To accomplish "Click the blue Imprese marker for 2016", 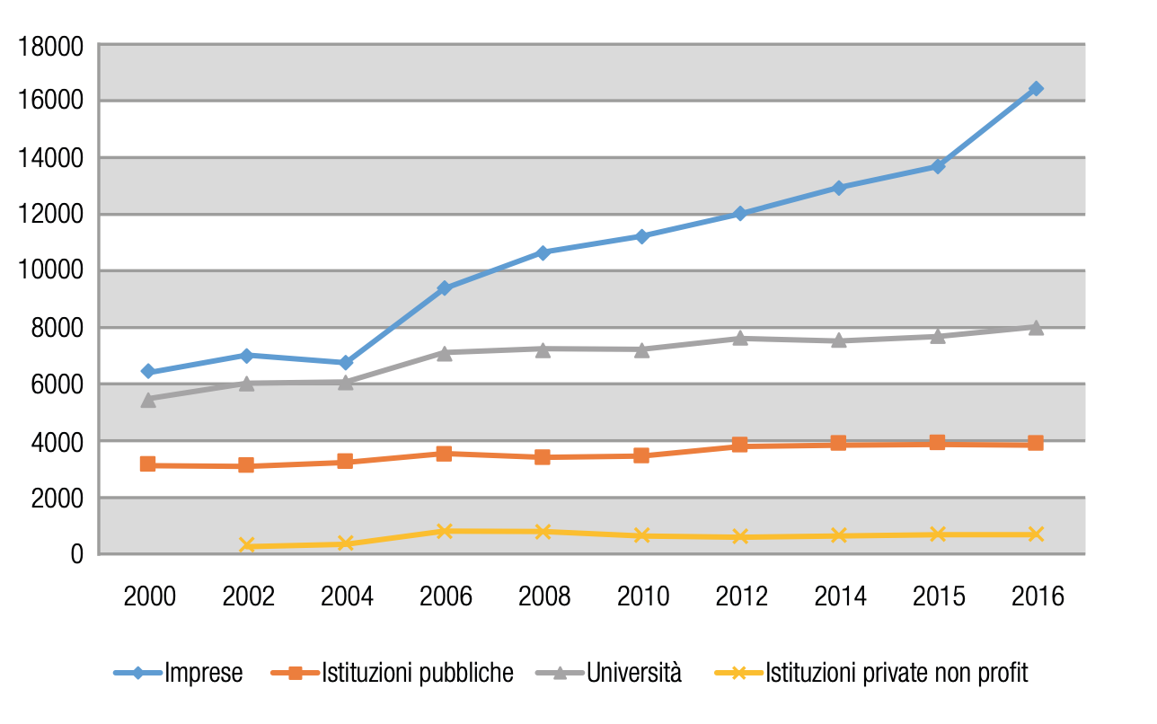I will click(x=1036, y=89).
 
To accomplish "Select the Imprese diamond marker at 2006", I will click(x=444, y=288).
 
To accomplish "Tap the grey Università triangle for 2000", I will click(x=148, y=400).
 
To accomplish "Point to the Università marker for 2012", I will click(x=740, y=338).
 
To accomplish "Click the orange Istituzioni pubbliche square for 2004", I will click(x=345, y=462).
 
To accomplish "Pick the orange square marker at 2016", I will click(x=1036, y=443).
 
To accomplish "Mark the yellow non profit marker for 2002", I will click(x=247, y=545).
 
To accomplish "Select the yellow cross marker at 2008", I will click(x=543, y=532).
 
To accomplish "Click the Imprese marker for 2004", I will click(x=345, y=363).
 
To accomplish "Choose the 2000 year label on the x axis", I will click(x=149, y=597).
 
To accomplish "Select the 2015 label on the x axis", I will click(x=937, y=597).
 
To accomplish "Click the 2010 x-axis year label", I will click(x=641, y=597).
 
